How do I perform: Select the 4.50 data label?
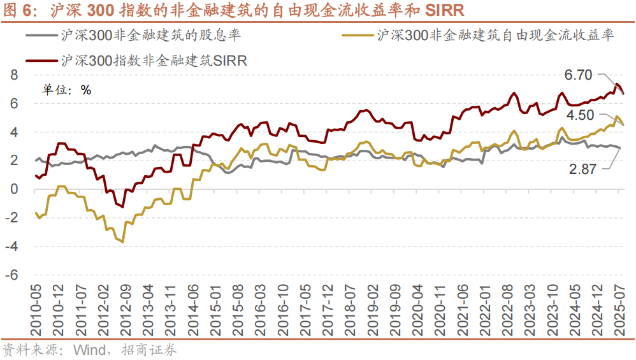(x=580, y=115)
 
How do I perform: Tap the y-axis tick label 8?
(x=14, y=75)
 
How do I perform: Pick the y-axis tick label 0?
(x=14, y=189)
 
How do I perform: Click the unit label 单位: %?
(x=67, y=90)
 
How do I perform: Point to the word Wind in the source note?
(x=89, y=350)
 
